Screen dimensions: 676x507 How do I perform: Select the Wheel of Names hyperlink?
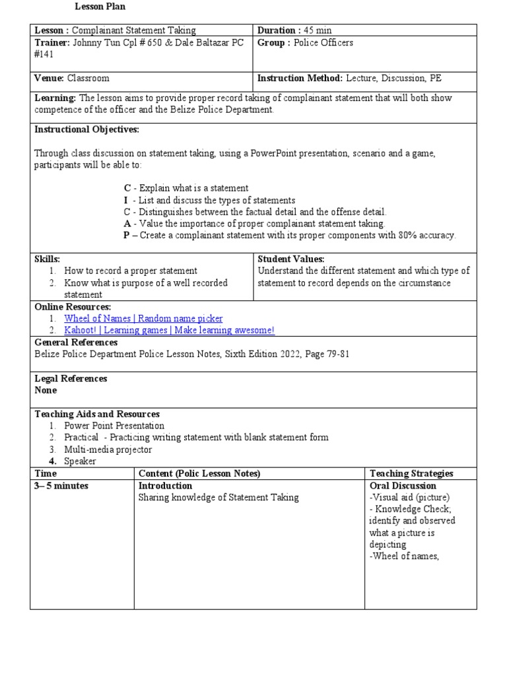click(x=143, y=319)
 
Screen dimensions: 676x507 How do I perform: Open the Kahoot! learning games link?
click(x=169, y=330)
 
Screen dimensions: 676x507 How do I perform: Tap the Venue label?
click(x=49, y=79)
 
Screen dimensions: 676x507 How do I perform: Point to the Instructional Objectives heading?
click(x=86, y=129)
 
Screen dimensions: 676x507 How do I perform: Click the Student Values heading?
click(x=290, y=259)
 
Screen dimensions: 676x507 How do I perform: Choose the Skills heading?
click(x=47, y=259)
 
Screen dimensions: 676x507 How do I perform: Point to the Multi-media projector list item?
click(x=108, y=450)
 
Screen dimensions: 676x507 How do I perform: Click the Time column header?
click(x=46, y=473)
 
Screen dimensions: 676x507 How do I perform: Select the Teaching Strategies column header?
click(x=411, y=473)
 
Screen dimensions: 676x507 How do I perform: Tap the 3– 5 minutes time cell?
click(x=61, y=486)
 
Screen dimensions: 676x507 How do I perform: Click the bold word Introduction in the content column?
click(x=165, y=486)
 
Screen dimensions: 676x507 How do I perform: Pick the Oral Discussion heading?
click(x=403, y=486)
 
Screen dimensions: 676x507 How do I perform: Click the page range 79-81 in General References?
click(x=336, y=355)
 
